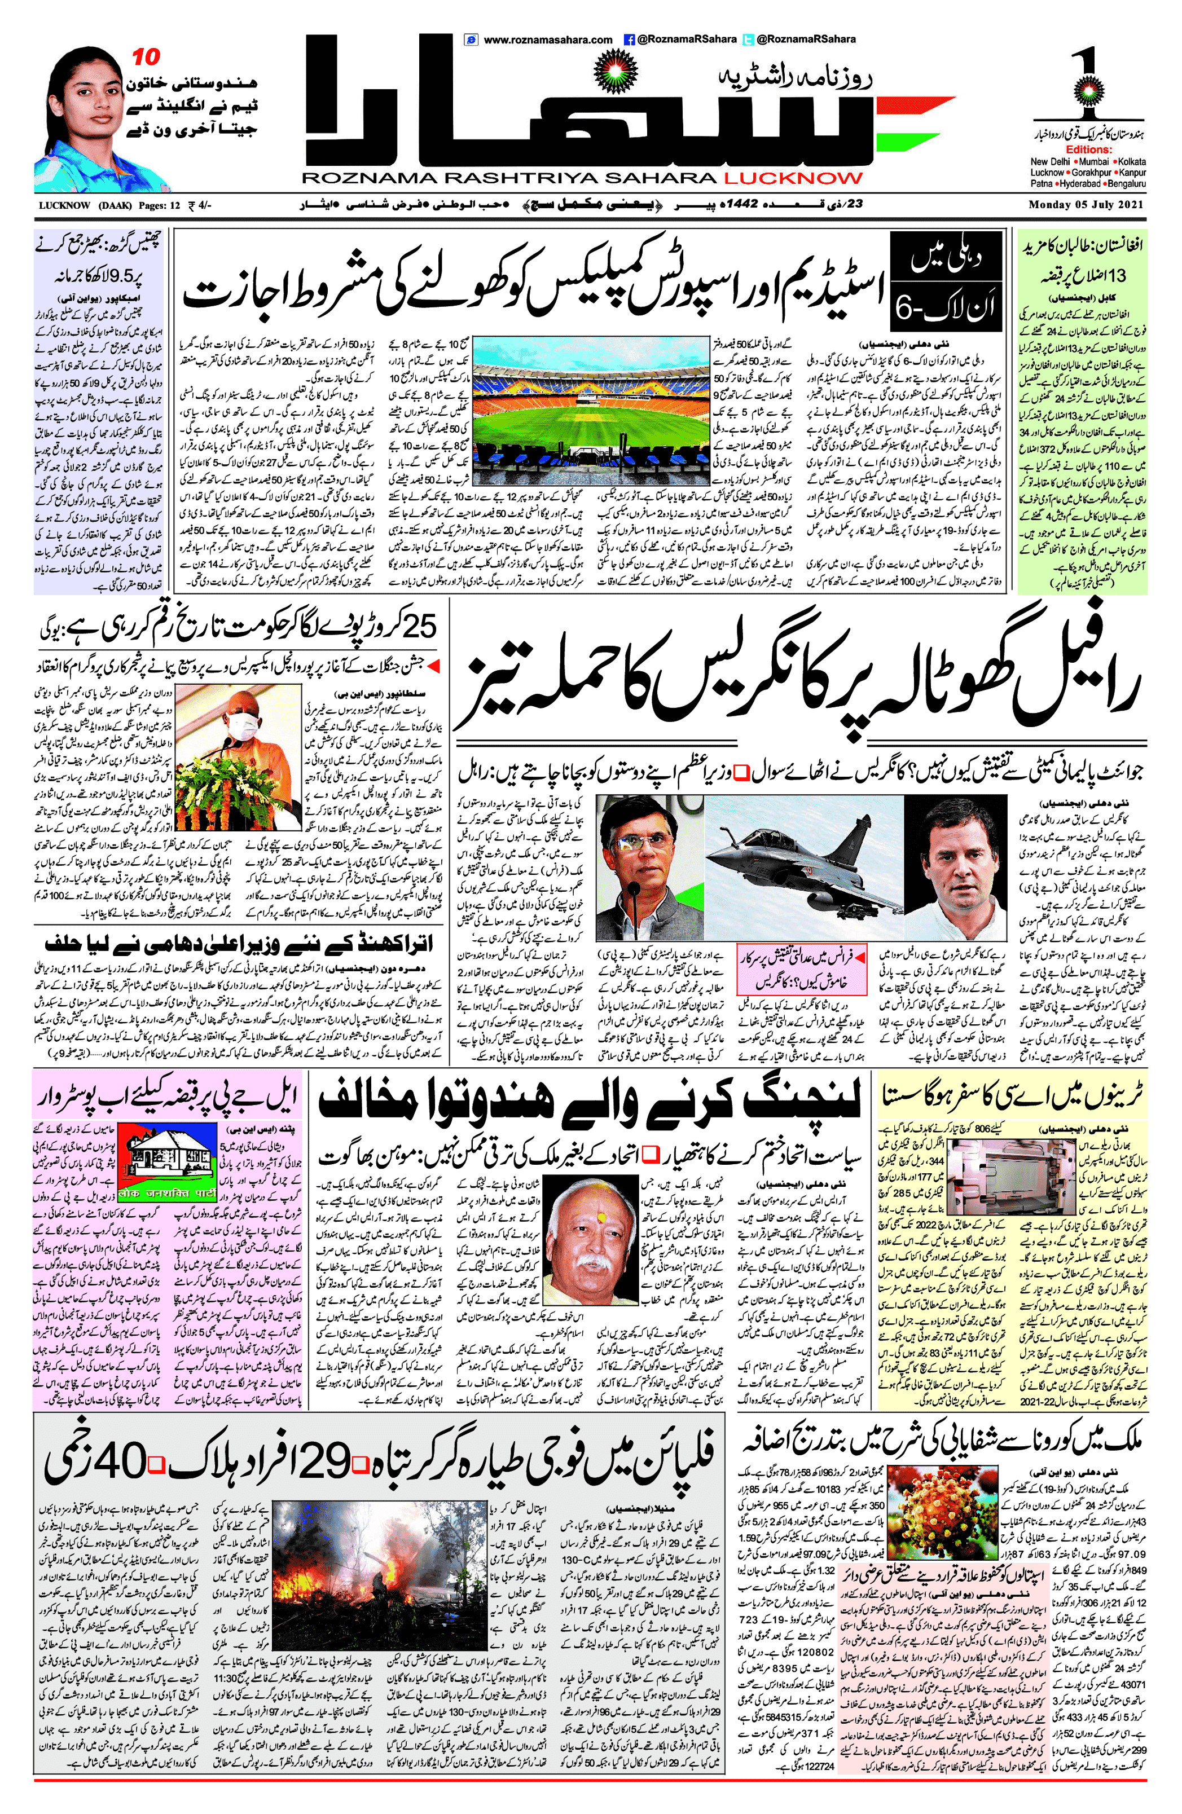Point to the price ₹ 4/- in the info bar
pos(199,205)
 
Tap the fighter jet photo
pos(803,865)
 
